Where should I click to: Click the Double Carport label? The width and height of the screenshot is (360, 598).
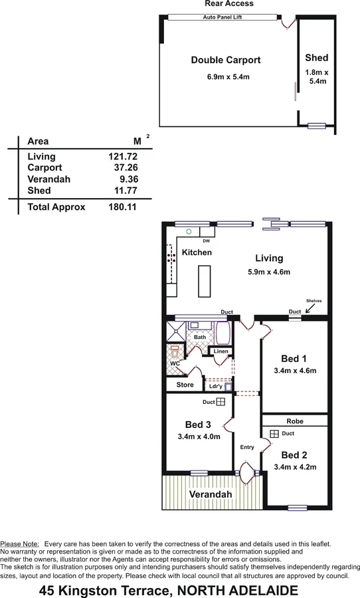225,60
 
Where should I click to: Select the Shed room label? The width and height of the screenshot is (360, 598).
316,58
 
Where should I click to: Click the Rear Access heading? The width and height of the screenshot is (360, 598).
229,4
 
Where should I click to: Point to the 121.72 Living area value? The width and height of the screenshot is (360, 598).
123,156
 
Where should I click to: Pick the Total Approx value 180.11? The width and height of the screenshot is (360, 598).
123,207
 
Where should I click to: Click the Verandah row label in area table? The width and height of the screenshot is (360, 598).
48,179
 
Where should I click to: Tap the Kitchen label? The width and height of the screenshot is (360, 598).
197,252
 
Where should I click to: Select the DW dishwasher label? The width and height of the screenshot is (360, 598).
206,241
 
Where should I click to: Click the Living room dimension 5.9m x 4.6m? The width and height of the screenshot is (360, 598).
268,271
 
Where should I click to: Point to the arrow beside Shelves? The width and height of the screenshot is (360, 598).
312,308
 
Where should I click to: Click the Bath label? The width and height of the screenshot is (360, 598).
199,337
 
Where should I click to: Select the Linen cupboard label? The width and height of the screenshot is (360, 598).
221,351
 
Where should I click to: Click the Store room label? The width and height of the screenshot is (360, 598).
185,385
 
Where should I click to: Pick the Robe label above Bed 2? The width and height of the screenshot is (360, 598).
294,421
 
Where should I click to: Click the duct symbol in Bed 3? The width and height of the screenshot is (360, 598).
221,402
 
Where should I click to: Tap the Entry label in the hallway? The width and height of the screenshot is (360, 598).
247,447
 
